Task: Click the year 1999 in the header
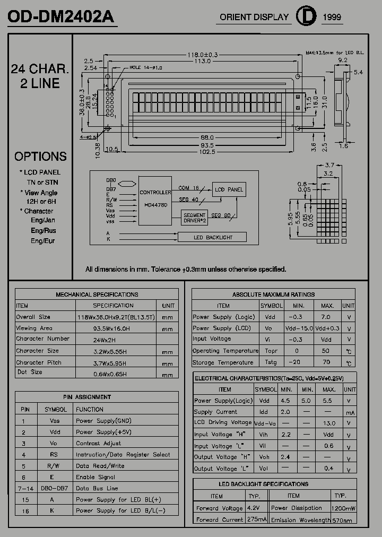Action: [332, 18]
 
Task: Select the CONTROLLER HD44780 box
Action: [155, 198]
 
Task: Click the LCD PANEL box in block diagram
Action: [229, 189]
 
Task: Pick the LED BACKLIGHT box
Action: [212, 237]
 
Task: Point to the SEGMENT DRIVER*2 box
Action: [195, 218]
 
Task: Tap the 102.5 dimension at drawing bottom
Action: [207, 152]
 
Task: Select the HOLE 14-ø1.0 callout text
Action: [146, 68]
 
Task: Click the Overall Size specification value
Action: [116, 317]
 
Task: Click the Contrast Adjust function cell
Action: [98, 443]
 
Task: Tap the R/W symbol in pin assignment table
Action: [54, 466]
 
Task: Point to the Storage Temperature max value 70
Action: [326, 362]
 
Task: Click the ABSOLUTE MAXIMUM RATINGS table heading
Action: [273, 295]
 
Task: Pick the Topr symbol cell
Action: [271, 351]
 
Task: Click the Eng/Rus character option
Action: [43, 231]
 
